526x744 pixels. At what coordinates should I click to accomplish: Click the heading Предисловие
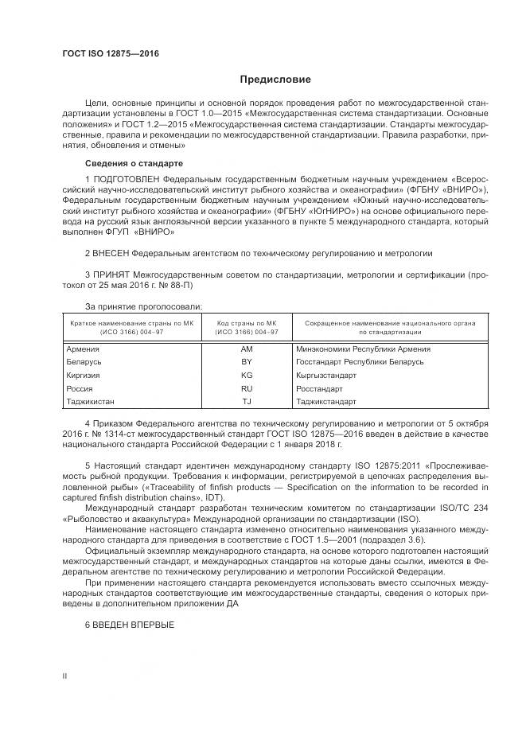pyautogui.click(x=276, y=80)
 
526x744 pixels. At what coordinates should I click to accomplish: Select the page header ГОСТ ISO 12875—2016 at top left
pyautogui.click(x=111, y=54)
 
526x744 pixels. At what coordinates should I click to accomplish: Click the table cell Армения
pyautogui.click(x=81, y=349)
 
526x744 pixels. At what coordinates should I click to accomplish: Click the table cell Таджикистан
pyautogui.click(x=91, y=401)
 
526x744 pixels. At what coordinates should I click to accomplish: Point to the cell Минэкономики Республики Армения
pyautogui.click(x=352, y=349)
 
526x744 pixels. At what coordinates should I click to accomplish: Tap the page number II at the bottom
pyautogui.click(x=64, y=676)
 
